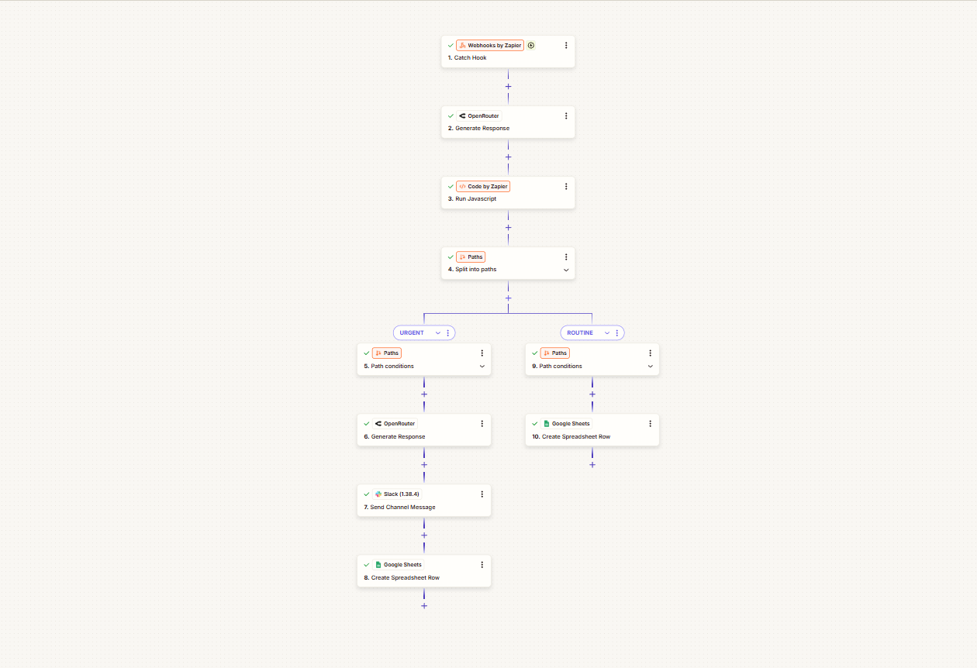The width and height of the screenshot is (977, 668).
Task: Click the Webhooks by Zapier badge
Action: (490, 46)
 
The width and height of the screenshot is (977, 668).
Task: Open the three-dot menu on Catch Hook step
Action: (566, 46)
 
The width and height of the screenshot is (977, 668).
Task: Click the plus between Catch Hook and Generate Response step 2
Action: (508, 86)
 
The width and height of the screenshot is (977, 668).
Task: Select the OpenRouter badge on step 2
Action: (479, 116)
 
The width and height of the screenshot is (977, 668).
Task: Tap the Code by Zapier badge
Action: (483, 187)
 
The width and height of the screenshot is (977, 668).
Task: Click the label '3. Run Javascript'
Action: (472, 199)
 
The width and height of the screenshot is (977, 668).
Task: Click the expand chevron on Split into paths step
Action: (566, 270)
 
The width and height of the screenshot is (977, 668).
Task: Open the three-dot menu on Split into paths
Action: (566, 257)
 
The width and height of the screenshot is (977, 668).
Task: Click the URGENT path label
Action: (412, 332)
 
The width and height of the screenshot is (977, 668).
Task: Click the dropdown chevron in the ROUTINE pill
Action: (606, 332)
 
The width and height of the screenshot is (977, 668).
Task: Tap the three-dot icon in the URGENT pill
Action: (448, 332)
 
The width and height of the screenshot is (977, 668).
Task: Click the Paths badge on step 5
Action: (387, 353)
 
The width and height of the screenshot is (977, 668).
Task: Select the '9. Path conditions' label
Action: (557, 367)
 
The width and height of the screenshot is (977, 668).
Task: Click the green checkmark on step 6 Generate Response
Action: (366, 424)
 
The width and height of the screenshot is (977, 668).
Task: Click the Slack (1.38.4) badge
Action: (397, 494)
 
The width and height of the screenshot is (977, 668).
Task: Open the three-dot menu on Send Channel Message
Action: (482, 494)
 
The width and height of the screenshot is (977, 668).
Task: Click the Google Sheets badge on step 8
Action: (399, 565)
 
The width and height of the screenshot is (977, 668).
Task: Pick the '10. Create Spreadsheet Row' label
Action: (571, 437)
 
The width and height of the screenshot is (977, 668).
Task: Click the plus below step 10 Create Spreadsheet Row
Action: (592, 465)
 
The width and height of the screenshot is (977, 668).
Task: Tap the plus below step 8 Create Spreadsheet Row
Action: (424, 606)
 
